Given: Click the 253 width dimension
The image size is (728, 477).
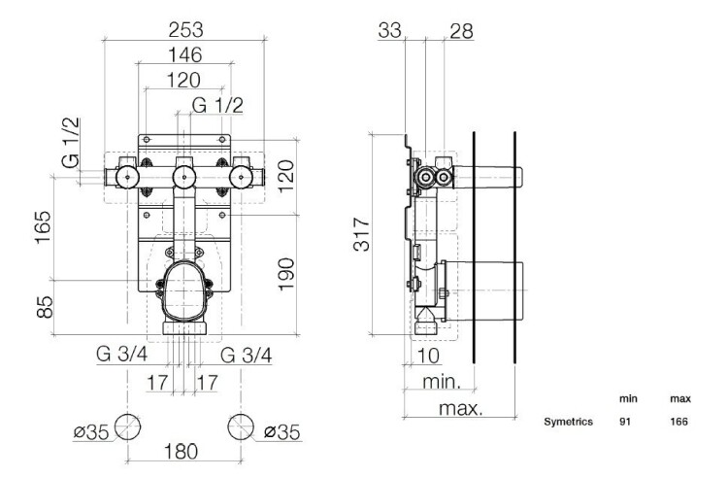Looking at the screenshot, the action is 185,30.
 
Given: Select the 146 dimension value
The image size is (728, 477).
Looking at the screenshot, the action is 184,54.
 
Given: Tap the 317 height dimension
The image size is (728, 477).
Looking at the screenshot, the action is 362,233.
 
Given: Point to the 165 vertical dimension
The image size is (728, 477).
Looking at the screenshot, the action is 43,226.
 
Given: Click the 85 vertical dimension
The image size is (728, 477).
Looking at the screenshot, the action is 45,307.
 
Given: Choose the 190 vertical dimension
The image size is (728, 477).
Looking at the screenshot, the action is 286,274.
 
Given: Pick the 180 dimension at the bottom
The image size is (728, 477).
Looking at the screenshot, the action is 182,451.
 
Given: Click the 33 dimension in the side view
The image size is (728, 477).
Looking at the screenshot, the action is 389,31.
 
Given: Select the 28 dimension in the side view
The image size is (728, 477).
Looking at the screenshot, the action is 461,31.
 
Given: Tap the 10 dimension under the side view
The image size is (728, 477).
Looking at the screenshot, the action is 428,356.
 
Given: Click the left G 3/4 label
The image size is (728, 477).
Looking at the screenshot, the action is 122,355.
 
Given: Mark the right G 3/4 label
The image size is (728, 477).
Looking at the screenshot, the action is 247,356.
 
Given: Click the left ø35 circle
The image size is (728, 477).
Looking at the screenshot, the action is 128,426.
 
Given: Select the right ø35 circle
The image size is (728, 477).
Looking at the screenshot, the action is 241,426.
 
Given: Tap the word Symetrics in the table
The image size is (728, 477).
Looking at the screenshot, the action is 568,422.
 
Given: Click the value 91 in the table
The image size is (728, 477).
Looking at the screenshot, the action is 625,422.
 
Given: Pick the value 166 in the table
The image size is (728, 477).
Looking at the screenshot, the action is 678,422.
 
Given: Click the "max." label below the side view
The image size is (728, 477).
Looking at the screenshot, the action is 460,408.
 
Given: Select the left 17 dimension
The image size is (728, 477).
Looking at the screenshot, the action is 157,383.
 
